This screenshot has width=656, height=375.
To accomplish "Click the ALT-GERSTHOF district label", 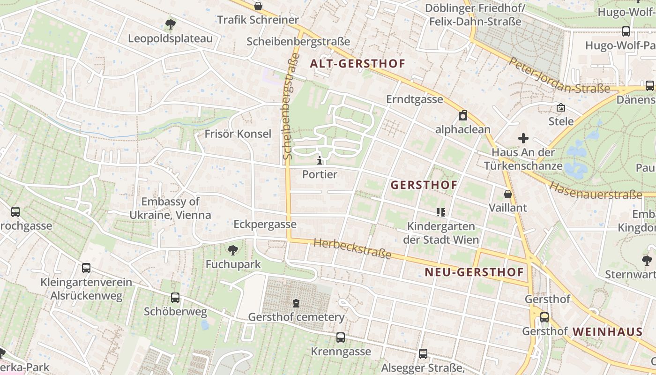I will (358, 64).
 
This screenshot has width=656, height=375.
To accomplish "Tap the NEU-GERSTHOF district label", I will (474, 272).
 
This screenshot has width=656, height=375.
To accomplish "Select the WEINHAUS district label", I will (607, 332).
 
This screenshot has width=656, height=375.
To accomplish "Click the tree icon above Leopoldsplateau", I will (171, 23).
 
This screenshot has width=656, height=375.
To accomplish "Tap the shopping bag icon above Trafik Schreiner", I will (258, 6).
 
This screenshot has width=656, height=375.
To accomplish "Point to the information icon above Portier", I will (320, 161).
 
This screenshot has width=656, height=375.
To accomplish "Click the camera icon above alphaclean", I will (463, 115).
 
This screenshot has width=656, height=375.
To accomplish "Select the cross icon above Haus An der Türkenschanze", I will (523, 138).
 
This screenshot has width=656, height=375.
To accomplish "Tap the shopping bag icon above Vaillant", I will (507, 194).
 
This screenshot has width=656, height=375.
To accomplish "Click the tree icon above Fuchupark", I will (233, 250).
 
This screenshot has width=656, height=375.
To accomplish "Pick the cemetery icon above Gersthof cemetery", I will (296, 303).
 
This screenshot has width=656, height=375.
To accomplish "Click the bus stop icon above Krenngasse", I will (341, 337).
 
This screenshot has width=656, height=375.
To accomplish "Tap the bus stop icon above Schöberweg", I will (175, 298).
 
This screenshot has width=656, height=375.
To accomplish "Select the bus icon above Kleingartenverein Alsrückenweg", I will (86, 268).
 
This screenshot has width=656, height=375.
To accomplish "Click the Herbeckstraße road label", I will (352, 249).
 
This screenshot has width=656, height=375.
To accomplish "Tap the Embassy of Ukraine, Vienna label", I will (176, 209).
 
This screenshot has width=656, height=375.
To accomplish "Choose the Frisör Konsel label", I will (238, 134).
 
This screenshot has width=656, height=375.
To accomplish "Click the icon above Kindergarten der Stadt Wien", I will (440, 212).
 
